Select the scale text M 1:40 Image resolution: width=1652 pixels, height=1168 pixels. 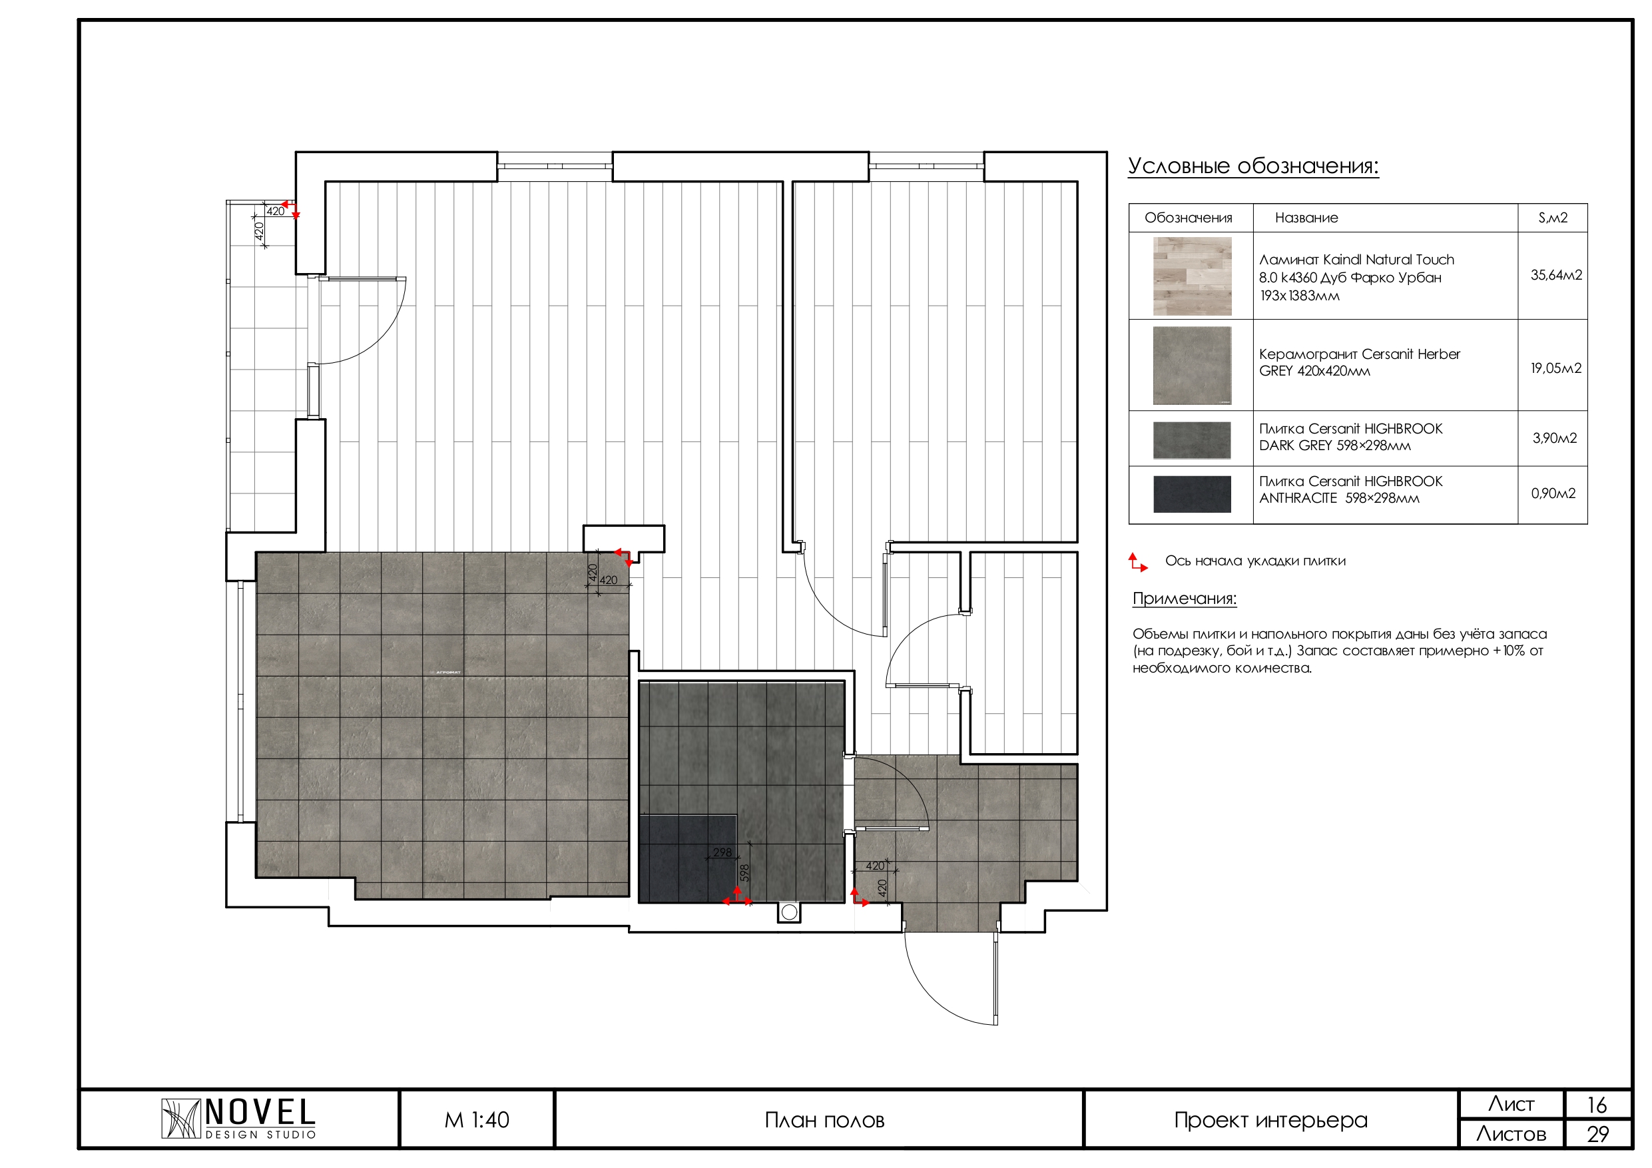point(476,1120)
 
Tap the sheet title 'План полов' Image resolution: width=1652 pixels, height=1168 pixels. point(824,1121)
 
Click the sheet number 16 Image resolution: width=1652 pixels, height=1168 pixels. point(1597,1105)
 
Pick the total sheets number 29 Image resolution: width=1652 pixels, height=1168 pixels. point(1597,1135)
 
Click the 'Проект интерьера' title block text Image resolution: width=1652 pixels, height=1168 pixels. point(1270,1121)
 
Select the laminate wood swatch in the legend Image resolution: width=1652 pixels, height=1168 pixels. point(1193,276)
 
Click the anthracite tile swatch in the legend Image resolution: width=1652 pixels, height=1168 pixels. point(1193,493)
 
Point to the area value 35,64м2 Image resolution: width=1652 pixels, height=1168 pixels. point(1555,275)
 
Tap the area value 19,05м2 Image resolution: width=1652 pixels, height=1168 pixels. point(1555,368)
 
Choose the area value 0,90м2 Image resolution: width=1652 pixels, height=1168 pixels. point(1553,493)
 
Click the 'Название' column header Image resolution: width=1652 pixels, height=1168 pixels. point(1306,217)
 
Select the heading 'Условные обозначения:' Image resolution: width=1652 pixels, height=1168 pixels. point(1252,166)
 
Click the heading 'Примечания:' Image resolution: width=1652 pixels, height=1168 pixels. point(1185,599)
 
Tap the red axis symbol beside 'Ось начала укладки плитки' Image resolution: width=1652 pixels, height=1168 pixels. point(1137,562)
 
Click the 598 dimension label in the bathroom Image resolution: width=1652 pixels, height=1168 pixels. point(744,873)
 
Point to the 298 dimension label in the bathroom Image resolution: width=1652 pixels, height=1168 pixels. point(722,853)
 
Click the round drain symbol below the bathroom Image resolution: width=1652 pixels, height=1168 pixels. point(789,912)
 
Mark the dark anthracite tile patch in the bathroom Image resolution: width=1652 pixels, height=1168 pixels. point(687,858)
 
